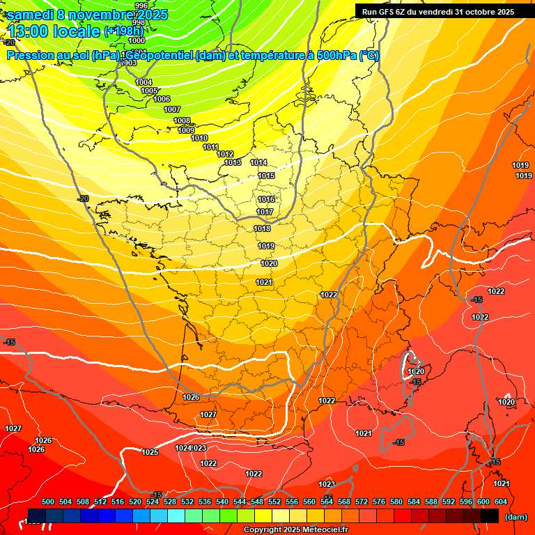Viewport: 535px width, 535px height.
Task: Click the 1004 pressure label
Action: tap(144, 82)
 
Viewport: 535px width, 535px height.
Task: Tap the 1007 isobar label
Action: tap(172, 109)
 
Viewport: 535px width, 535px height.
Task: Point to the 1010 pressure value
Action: tap(199, 138)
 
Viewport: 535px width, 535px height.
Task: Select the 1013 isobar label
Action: tap(233, 162)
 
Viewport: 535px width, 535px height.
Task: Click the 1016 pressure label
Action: tap(266, 199)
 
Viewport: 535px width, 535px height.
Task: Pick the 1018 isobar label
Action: tap(262, 228)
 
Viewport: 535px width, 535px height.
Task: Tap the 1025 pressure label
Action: tap(150, 452)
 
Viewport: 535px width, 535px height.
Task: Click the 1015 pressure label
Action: tap(266, 176)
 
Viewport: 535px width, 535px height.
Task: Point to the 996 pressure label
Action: tap(141, 6)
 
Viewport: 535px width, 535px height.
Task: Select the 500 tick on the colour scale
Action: tap(48, 502)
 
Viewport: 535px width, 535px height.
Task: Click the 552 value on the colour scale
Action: tap(274, 502)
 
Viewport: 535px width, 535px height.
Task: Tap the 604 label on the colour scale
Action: tap(501, 502)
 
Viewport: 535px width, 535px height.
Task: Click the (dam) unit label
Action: tap(515, 517)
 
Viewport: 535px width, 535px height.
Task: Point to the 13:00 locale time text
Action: tap(54, 31)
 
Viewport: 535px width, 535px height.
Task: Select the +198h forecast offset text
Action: tap(123, 31)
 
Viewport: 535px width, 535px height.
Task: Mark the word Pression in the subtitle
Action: tap(30, 56)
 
